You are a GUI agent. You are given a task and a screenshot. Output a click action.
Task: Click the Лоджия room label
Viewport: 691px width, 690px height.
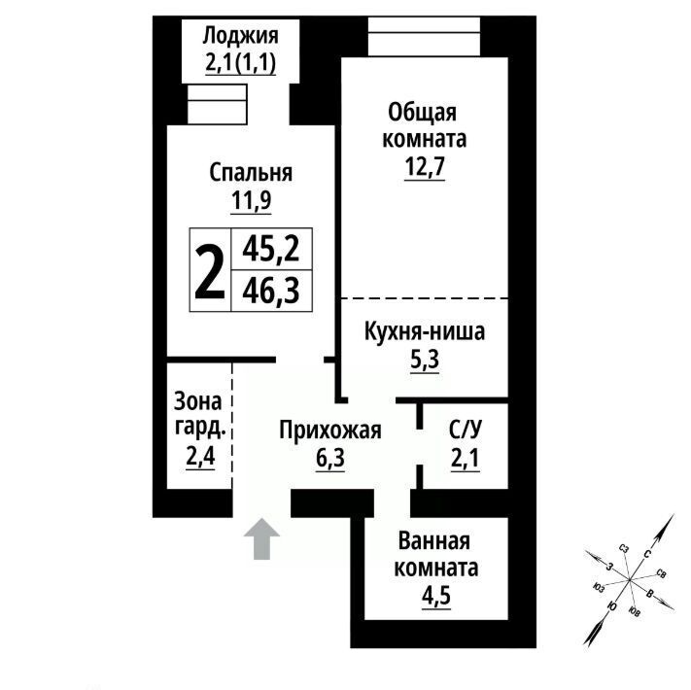pyautogui.click(x=241, y=36)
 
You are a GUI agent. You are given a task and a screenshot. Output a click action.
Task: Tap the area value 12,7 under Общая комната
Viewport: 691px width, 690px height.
pyautogui.click(x=425, y=166)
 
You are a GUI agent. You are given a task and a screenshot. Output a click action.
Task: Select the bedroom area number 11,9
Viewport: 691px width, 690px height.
pyautogui.click(x=251, y=201)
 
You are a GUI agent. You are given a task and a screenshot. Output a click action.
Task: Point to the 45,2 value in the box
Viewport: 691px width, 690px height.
pyautogui.click(x=271, y=249)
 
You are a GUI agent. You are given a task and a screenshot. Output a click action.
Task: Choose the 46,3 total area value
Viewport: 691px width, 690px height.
pyautogui.click(x=271, y=291)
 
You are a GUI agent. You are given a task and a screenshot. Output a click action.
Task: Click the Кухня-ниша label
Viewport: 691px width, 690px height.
pyautogui.click(x=425, y=331)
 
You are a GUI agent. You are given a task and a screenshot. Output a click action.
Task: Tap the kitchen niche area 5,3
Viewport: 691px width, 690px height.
pyautogui.click(x=425, y=361)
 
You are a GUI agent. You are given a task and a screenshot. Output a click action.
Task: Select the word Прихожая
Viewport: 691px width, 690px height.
pyautogui.click(x=330, y=431)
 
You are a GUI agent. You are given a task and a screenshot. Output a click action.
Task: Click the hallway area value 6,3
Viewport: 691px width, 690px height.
pyautogui.click(x=330, y=459)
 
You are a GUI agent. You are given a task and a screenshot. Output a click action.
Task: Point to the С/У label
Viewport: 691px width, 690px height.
pyautogui.click(x=466, y=430)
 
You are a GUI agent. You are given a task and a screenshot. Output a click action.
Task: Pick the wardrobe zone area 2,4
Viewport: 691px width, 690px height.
pyautogui.click(x=200, y=457)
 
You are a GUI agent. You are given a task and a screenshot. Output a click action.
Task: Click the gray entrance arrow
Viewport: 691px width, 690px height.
pyautogui.click(x=261, y=538)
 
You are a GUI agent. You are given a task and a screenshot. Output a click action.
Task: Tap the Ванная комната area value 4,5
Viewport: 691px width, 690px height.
pyautogui.click(x=436, y=597)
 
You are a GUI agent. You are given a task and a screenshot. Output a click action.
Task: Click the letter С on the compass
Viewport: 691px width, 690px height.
pyautogui.click(x=647, y=554)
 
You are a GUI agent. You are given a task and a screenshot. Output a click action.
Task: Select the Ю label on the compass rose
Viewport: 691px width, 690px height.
pyautogui.click(x=611, y=606)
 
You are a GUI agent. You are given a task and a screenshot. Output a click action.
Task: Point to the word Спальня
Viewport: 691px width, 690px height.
pyautogui.click(x=251, y=172)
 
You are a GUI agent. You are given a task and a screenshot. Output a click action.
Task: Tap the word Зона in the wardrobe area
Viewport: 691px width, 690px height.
pyautogui.click(x=198, y=400)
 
